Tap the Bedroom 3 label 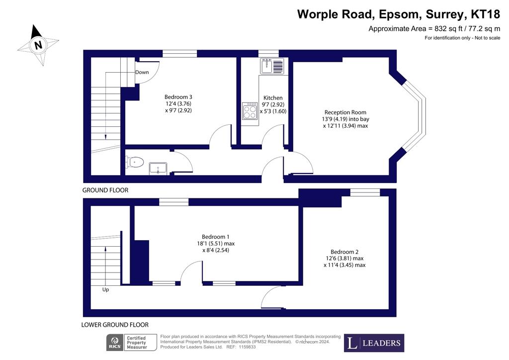tap(178, 97)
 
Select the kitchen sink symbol tap(272, 66)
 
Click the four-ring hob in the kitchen tap(250, 111)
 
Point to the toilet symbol tap(135, 162)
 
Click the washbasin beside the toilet tap(158, 169)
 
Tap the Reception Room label tap(345, 112)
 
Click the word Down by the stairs tap(142, 72)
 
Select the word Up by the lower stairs tap(105, 289)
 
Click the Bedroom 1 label tap(216, 237)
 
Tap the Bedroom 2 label tap(344, 252)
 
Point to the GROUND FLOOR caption tap(105, 190)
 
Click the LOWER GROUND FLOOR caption tap(115, 325)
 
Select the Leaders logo tap(374, 343)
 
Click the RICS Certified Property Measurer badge tap(131, 343)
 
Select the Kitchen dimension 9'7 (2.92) tap(273, 104)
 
